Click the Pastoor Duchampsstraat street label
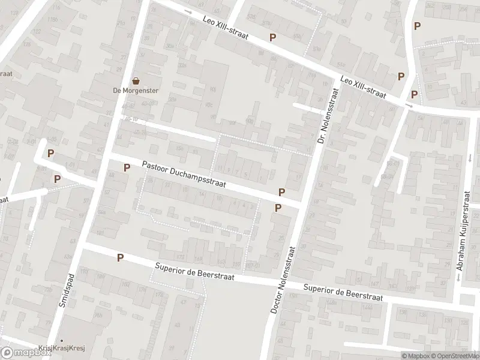[184, 175]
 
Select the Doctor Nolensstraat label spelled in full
[283, 280]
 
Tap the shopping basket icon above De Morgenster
[136, 80]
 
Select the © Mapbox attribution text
[411, 356]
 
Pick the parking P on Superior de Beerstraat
[121, 257]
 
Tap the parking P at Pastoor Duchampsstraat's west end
[127, 167]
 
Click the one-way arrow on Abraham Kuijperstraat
[470, 159]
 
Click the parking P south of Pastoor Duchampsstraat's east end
[278, 208]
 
